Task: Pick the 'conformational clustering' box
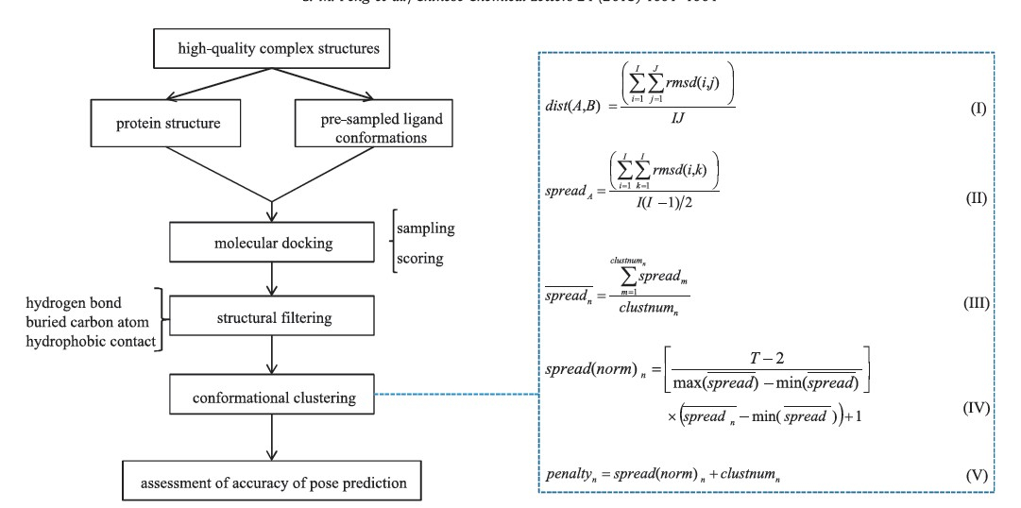[x=273, y=398]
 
